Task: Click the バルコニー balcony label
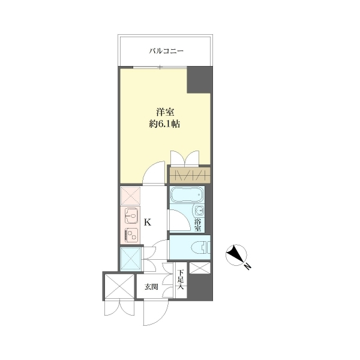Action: (x=166, y=50)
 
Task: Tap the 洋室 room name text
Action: (x=165, y=112)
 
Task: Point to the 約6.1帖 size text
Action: (x=164, y=124)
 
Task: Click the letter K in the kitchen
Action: (x=148, y=222)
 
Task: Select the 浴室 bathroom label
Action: (x=197, y=225)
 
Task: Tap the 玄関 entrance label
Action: (x=151, y=287)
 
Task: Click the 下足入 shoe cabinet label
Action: (x=181, y=280)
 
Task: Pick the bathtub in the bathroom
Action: (x=187, y=194)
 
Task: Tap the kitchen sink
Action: (x=131, y=215)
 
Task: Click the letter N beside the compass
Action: (x=247, y=266)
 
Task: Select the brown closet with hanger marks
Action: (x=190, y=175)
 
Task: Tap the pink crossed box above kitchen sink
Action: (x=130, y=196)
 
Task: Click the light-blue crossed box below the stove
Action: (x=131, y=258)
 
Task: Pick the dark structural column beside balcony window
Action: (x=199, y=80)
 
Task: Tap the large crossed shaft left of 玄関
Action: (x=119, y=286)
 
